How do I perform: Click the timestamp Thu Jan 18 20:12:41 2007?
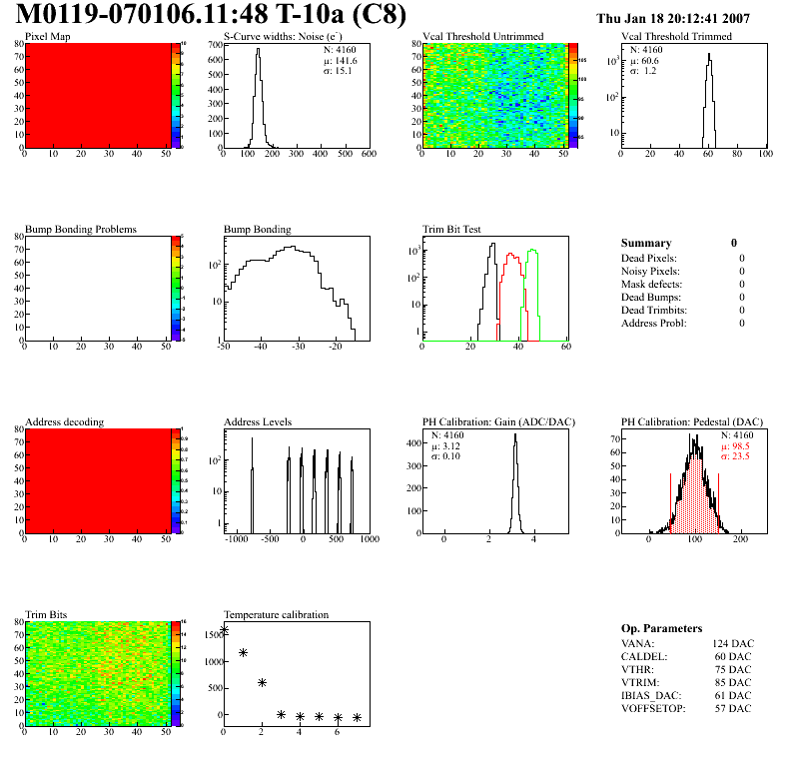[x=672, y=19]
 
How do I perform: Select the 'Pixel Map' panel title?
[x=48, y=37]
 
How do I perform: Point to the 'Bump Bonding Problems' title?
[x=81, y=230]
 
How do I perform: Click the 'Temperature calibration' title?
[x=277, y=614]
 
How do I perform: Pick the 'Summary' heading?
[x=646, y=243]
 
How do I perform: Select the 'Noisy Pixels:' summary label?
[x=651, y=272]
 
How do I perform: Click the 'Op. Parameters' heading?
[x=661, y=628]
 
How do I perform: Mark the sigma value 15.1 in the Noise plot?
[x=346, y=71]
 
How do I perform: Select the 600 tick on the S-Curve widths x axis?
[x=370, y=155]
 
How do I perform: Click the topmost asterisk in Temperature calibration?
[x=225, y=630]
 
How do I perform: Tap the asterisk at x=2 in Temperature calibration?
[x=262, y=683]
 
